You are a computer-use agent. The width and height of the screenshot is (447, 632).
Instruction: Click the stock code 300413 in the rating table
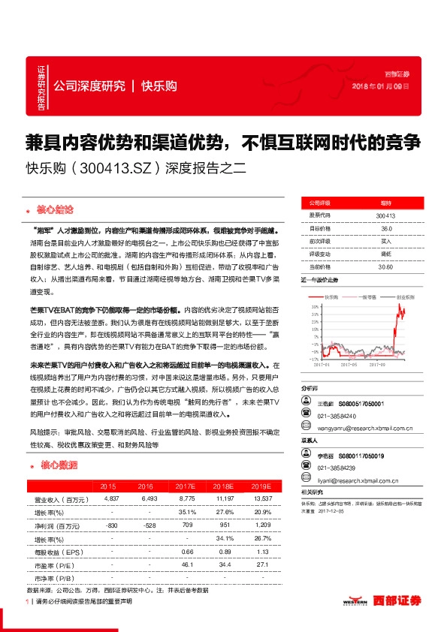point(385,216)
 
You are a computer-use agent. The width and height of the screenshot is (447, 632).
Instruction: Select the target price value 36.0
point(385,228)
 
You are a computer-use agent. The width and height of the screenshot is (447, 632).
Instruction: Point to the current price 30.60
point(385,266)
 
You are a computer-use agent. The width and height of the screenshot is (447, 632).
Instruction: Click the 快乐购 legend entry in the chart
point(334,297)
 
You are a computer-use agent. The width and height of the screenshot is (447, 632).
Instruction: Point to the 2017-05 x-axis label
point(348,365)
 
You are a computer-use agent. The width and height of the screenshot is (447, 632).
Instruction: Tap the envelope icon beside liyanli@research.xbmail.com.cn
point(306,480)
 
